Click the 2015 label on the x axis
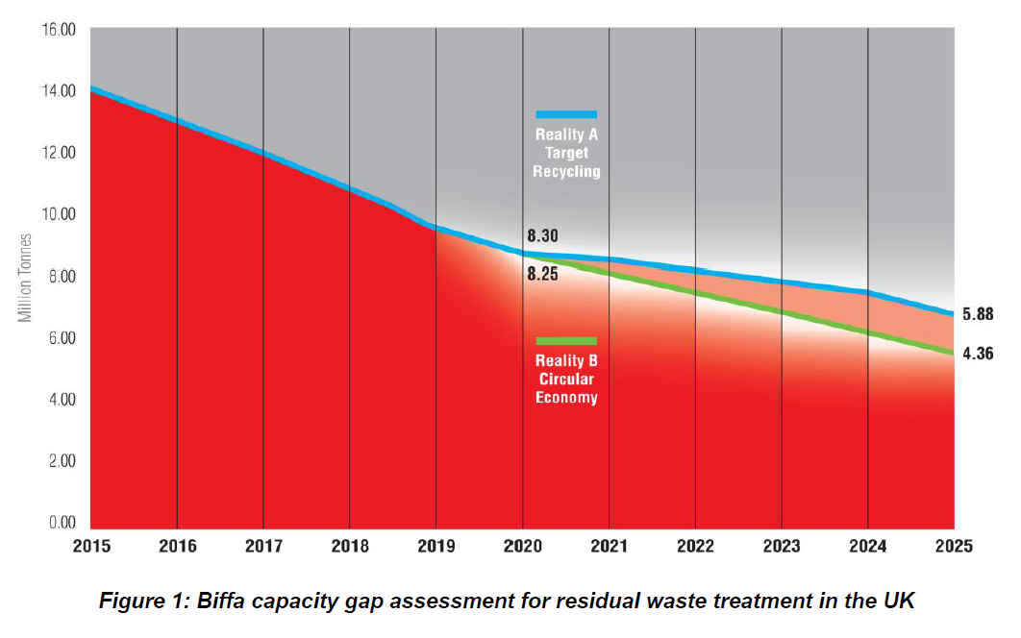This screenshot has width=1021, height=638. (91, 546)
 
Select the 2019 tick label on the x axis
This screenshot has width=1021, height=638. (436, 546)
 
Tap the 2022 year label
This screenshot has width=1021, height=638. (695, 546)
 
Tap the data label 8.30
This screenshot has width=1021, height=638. (542, 235)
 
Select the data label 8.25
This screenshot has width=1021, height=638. (542, 274)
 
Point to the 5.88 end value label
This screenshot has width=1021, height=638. (977, 314)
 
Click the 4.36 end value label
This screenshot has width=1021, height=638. (977, 354)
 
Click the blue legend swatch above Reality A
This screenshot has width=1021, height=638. (566, 114)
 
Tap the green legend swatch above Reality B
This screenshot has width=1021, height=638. (566, 341)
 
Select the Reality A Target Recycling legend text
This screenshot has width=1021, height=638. (567, 153)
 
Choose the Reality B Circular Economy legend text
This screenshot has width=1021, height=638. (567, 380)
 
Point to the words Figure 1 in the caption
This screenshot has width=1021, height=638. (143, 602)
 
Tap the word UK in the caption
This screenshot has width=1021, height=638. (898, 602)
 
